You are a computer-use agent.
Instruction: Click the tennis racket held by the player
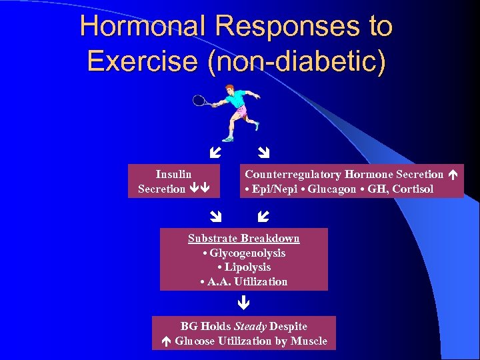pos(199,101)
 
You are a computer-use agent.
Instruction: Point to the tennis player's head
pos(229,89)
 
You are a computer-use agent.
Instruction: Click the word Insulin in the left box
pos(173,175)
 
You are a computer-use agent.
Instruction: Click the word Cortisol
pos(413,189)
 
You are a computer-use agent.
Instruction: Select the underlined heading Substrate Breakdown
pos(244,239)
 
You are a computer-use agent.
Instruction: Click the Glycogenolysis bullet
pos(244,253)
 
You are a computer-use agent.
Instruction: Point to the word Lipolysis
pos(247,267)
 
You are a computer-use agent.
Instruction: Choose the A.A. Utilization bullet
pos(244,282)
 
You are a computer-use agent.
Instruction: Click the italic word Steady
pos(250,326)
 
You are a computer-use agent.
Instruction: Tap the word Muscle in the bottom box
pos(310,341)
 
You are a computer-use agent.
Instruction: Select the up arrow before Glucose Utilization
pos(167,341)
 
